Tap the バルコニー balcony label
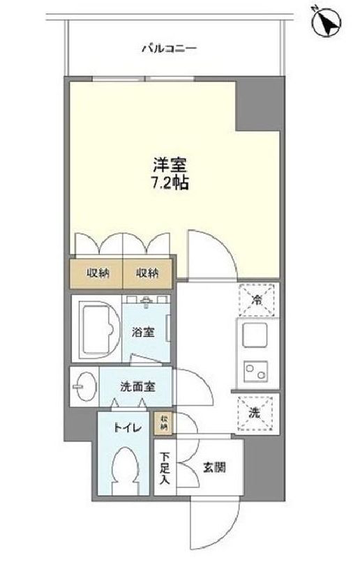[x=169, y=49]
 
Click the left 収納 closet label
[x=98, y=273]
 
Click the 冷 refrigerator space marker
[x=257, y=301]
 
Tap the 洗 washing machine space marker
[x=256, y=411]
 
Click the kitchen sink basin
[x=254, y=337]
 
